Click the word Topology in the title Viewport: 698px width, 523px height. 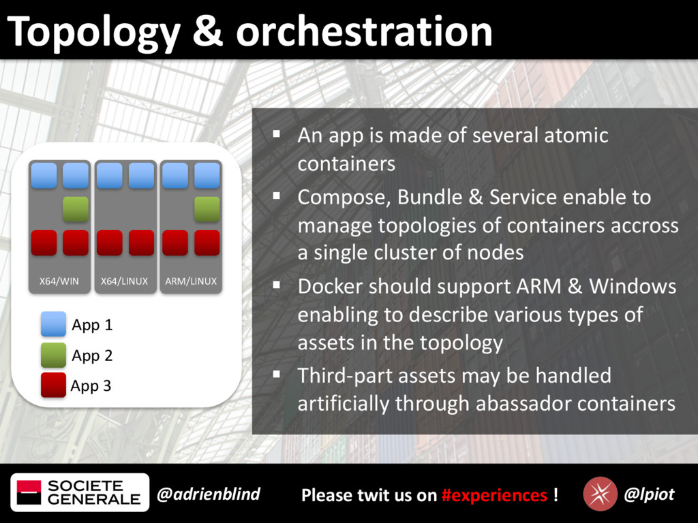pyautogui.click(x=94, y=33)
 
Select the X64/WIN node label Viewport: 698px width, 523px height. pyautogui.click(x=59, y=281)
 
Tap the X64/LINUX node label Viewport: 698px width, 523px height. pyautogui.click(x=124, y=281)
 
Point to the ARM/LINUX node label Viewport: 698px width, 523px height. pyautogui.click(x=191, y=281)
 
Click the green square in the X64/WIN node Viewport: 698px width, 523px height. pyautogui.click(x=75, y=209)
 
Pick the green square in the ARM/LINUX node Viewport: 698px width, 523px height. pyautogui.click(x=207, y=209)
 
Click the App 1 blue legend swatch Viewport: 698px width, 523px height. pyautogui.click(x=53, y=323)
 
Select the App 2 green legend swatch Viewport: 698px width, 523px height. pyautogui.click(x=53, y=355)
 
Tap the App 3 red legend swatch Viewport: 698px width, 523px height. pyautogui.click(x=53, y=385)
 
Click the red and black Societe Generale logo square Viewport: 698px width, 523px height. pyautogui.click(x=29, y=492)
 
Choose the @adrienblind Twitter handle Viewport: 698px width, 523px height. pyautogui.click(x=209, y=494)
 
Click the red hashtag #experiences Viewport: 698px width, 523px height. pyautogui.click(x=494, y=495)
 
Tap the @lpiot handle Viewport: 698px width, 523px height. pyautogui.click(x=649, y=494)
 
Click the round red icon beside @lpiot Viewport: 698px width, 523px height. pyautogui.click(x=600, y=494)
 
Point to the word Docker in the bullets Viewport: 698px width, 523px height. pyautogui.click(x=330, y=286)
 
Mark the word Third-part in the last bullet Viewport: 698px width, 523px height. pyautogui.click(x=345, y=376)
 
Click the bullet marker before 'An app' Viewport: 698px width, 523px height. pyautogui.click(x=277, y=133)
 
